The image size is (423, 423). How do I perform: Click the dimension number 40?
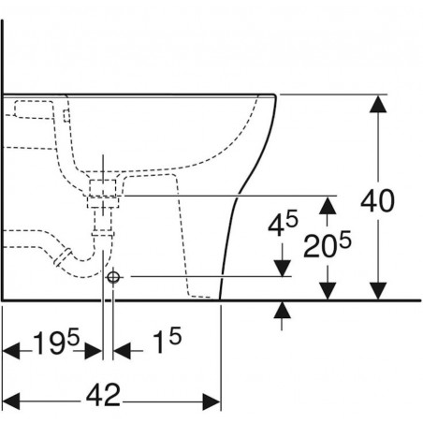point(377,200)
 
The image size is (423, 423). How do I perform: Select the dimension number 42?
point(103,395)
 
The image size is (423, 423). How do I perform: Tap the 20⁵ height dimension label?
point(328,244)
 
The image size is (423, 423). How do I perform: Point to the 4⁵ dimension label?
point(283,224)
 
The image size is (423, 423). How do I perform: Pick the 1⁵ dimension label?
point(168,340)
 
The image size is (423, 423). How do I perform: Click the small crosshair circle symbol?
point(113,277)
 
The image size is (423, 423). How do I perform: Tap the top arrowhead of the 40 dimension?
point(378,104)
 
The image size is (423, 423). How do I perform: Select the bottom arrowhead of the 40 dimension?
point(378,291)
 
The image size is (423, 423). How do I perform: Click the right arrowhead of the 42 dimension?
point(211,401)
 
